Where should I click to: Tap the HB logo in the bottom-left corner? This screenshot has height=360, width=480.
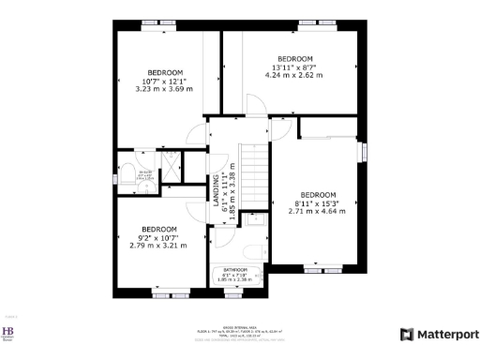coord(10,333)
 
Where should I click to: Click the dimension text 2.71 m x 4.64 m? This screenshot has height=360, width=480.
coord(317,211)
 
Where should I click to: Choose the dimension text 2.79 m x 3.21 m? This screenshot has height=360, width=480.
coord(159,246)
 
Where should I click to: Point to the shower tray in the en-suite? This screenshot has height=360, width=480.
coord(172,166)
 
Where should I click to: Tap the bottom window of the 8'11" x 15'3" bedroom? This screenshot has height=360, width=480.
coord(316,270)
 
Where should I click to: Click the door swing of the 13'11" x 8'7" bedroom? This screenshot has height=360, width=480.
coord(256,105)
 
